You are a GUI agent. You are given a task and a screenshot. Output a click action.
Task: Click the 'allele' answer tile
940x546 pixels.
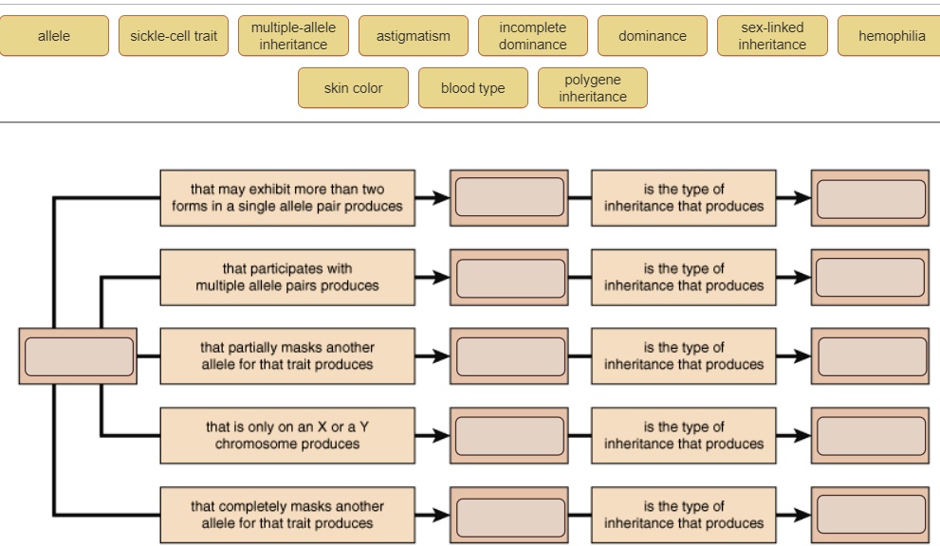click(54, 36)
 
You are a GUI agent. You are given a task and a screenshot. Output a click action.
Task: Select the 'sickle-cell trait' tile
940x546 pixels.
click(174, 36)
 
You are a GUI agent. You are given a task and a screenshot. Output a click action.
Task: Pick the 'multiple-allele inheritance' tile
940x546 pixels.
click(293, 36)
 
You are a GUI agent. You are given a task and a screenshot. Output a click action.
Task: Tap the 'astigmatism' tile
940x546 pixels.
click(414, 36)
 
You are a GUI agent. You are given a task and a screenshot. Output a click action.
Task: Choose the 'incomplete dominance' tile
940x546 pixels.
click(533, 36)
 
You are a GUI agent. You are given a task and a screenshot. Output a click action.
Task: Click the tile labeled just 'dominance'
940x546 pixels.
click(653, 36)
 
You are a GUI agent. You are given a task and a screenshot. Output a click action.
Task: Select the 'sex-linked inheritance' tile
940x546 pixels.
click(772, 36)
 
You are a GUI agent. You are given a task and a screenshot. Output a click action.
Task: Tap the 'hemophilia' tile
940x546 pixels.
click(892, 36)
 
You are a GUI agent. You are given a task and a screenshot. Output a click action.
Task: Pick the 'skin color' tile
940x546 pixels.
click(353, 88)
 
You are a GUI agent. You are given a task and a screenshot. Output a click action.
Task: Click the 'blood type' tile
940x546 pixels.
click(472, 88)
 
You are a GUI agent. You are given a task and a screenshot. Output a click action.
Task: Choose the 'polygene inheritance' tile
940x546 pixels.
click(593, 88)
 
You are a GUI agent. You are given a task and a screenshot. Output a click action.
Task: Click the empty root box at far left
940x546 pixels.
click(79, 356)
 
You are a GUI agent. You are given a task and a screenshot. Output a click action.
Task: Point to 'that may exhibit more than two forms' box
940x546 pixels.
click(287, 198)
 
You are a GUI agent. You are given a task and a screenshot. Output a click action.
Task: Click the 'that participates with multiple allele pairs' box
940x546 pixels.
click(287, 277)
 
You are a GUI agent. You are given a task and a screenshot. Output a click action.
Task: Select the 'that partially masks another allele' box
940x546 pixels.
click(287, 356)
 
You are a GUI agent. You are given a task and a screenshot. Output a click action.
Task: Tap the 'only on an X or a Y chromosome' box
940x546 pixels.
click(287, 435)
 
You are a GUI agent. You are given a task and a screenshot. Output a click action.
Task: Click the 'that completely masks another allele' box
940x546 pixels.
click(287, 515)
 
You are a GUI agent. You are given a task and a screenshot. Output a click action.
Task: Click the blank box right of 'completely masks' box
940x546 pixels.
click(509, 515)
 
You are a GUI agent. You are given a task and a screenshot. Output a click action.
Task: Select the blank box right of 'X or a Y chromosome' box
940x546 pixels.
click(509, 435)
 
